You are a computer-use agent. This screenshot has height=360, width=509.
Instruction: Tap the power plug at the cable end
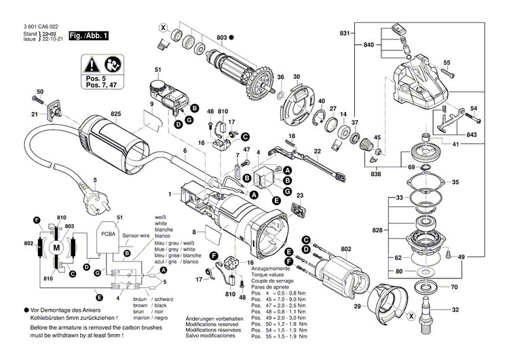pyautogui.click(x=96, y=202)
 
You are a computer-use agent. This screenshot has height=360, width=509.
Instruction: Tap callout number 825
pyautogui.click(x=116, y=114)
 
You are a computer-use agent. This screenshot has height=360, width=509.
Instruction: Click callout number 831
pyautogui.click(x=344, y=33)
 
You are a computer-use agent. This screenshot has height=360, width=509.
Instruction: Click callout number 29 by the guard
pyautogui.click(x=358, y=308)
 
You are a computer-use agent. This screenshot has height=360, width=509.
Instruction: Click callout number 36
pyautogui.click(x=280, y=77)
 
